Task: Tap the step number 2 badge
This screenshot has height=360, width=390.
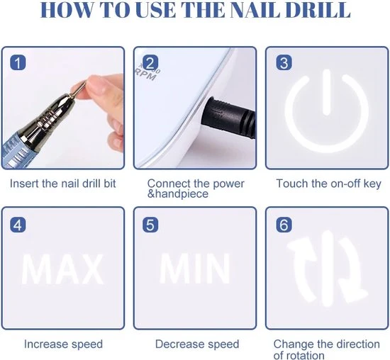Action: [150, 63]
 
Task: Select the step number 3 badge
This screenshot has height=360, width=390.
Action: [284, 63]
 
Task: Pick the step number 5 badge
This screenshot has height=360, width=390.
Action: [150, 225]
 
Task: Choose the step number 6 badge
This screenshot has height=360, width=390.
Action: [284, 225]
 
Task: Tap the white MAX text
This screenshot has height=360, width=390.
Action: [62, 269]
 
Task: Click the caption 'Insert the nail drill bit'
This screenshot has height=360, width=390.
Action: [63, 184]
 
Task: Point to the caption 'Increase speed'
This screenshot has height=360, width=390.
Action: [63, 344]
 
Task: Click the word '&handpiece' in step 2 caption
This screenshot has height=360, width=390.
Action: [179, 195]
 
